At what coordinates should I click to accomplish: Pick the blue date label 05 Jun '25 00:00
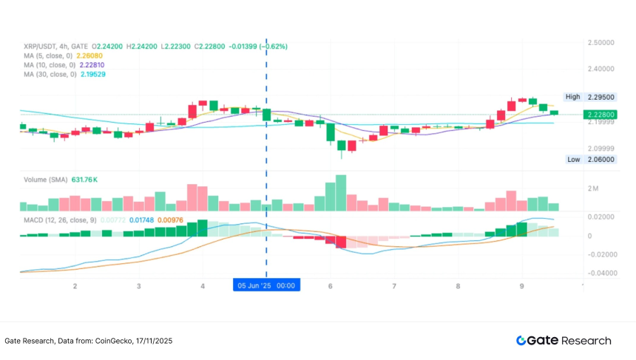tap(265, 285)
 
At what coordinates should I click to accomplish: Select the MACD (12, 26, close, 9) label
tap(60, 220)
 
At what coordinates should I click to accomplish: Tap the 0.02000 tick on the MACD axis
tap(601, 217)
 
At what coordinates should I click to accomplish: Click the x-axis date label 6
tap(330, 285)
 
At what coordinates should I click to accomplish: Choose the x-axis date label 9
tap(522, 285)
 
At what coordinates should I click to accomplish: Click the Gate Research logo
tap(564, 341)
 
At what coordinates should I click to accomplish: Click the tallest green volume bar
tap(341, 194)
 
